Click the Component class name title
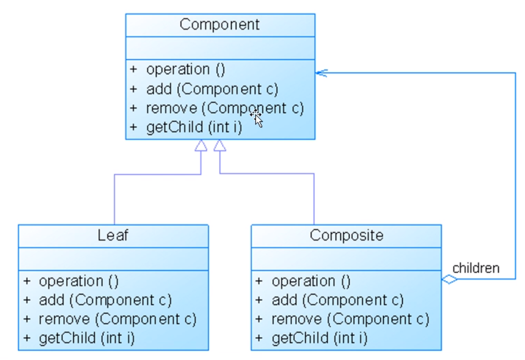point(219,24)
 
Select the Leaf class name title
point(113,235)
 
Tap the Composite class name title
point(346,235)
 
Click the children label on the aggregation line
point(476,268)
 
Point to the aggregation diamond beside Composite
point(449,280)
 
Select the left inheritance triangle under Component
point(201,146)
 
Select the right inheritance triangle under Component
point(219,146)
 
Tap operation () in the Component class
point(186,70)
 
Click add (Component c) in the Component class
point(212,89)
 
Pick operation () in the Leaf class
point(78,281)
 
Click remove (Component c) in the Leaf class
point(118,319)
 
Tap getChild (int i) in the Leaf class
point(87,338)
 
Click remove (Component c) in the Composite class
point(350,319)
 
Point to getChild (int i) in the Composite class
point(320,338)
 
